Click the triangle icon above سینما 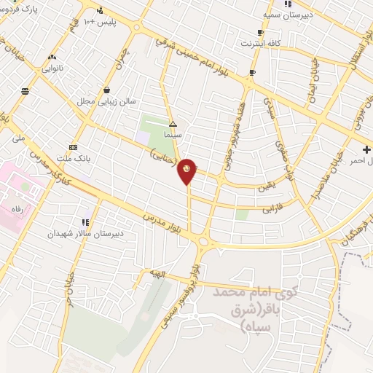pos(173,124)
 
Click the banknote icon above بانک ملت pos(73,146)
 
